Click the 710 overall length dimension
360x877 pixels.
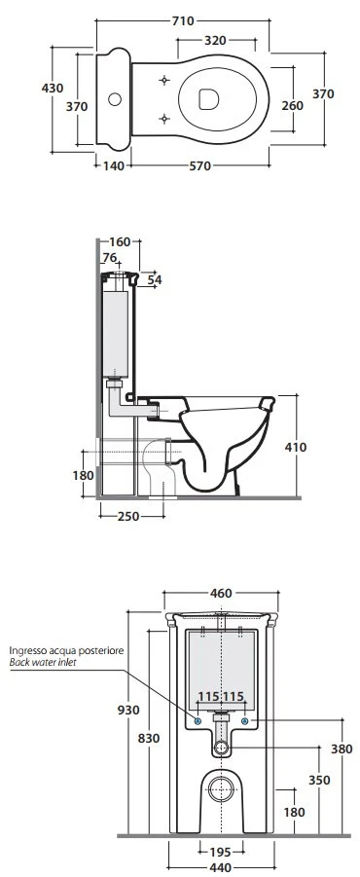(183, 21)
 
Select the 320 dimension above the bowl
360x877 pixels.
(215, 40)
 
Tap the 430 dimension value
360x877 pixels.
(53, 88)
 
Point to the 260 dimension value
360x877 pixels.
(292, 106)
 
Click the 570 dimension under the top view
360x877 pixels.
(200, 166)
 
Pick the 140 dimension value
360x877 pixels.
(113, 166)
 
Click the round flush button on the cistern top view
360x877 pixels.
(115, 99)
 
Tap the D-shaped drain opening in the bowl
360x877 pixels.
(208, 99)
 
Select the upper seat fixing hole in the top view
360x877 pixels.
(164, 80)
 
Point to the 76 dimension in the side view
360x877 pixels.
(110, 257)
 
